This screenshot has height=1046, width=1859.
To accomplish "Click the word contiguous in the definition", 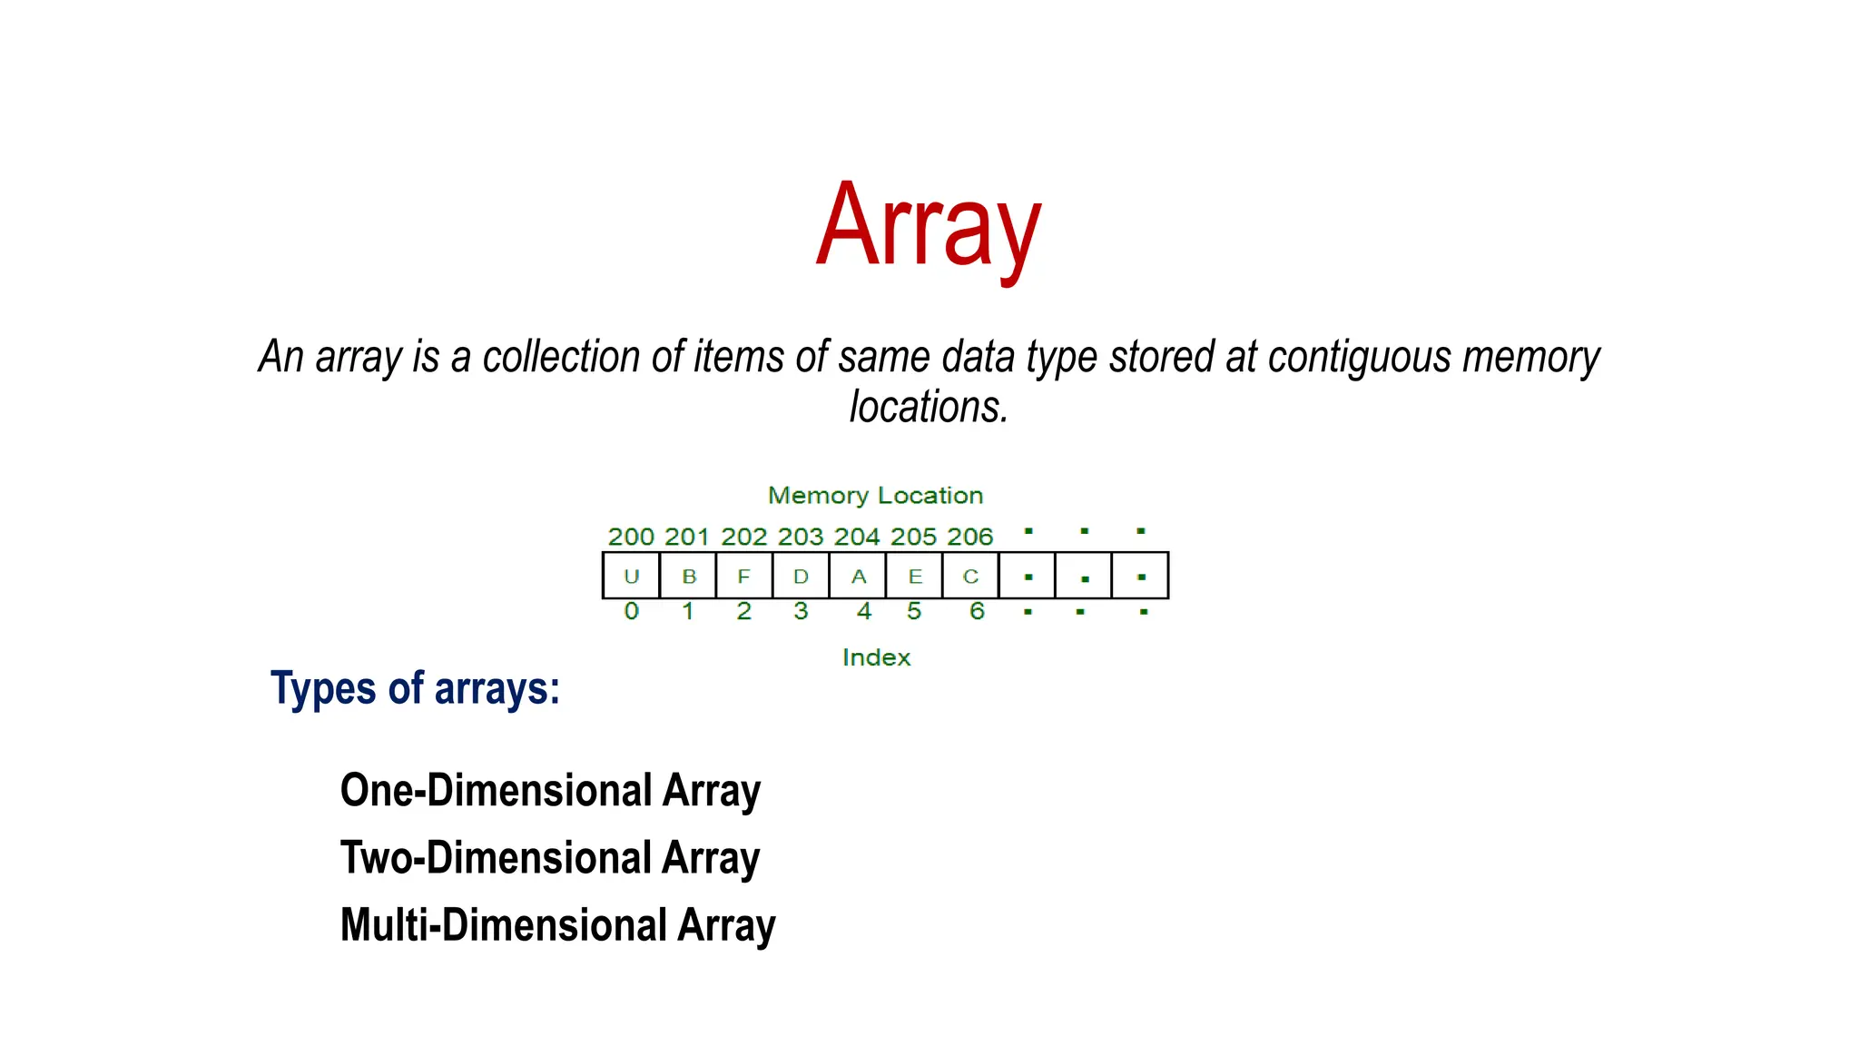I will point(1359,357).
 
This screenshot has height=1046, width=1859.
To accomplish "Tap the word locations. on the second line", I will point(929,407).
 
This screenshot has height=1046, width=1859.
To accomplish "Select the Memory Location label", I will point(875,496).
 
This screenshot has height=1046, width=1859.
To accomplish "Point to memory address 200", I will point(631,537).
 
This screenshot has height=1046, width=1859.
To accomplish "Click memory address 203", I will point(800,537).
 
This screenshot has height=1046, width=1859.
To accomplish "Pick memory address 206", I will point(969,537).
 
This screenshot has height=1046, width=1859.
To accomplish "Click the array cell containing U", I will point(632,576).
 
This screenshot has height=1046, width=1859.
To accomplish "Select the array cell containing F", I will point(744,576).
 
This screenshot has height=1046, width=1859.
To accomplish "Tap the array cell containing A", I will point(858,576).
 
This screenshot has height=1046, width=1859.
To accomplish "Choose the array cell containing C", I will point(970,576).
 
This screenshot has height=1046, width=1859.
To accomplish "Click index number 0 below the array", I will point(632,611).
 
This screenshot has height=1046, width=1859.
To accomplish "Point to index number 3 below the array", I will point(801,611).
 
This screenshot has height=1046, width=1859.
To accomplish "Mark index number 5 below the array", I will point(914,611).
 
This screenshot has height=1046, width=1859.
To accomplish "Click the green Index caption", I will point(876,657).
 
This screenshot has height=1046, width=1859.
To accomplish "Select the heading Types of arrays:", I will point(415,688).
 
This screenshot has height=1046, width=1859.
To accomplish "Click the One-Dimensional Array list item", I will point(550,791).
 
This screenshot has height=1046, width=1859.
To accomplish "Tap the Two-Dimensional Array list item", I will point(550,858).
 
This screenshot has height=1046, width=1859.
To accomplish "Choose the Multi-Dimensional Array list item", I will point(557,925).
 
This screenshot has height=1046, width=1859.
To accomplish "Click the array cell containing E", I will point(915,576).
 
